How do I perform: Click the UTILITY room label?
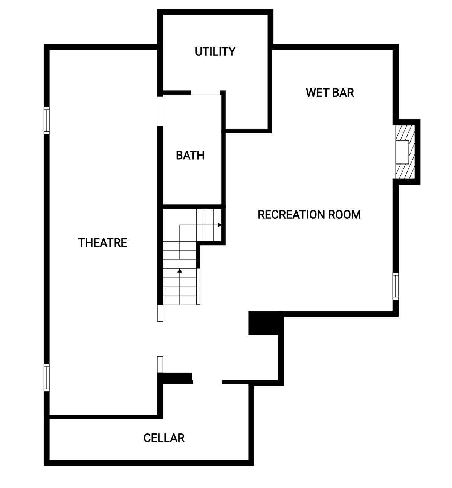pos(215,52)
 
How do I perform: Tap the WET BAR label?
pos(330,93)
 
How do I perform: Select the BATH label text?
pos(190,155)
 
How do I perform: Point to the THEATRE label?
pos(102,243)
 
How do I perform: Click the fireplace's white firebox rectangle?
pos(402,152)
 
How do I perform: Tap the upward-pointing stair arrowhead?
pos(180,270)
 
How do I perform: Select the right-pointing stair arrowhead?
pos(220,225)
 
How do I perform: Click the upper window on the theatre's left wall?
pos(46,120)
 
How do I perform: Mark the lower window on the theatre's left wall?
pos(46,377)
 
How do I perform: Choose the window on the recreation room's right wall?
pos(395,286)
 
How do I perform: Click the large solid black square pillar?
pos(263,323)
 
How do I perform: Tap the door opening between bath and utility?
pos(205,93)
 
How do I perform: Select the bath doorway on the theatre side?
pos(160,111)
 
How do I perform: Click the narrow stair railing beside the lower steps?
pos(198,287)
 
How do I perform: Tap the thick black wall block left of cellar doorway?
pos(175,378)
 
